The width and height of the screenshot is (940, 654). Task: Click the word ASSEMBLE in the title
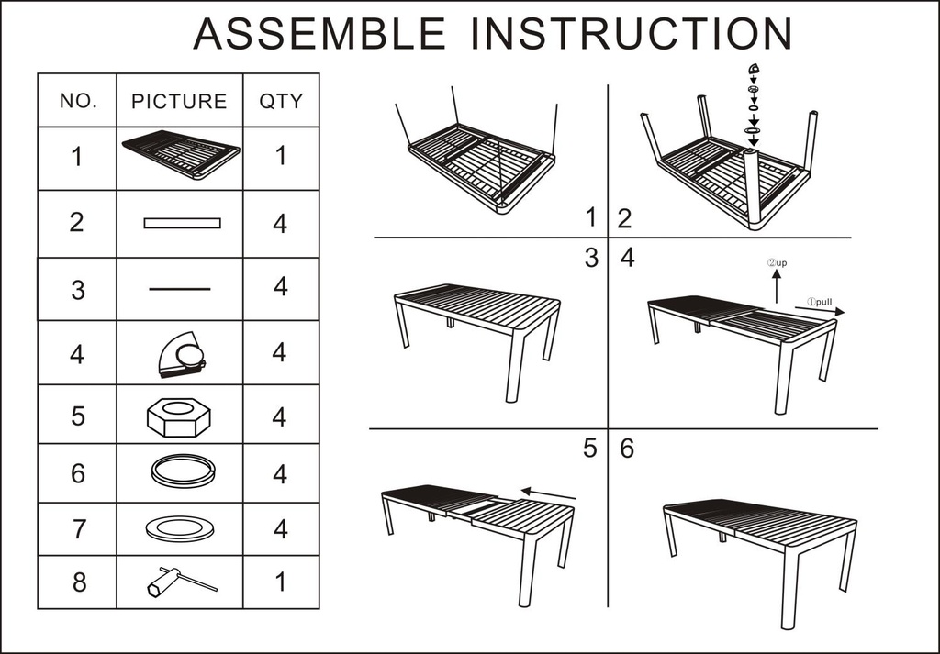[x=319, y=34]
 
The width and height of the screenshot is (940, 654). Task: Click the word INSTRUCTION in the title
[x=632, y=34]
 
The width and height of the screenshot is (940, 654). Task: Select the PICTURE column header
[x=179, y=101]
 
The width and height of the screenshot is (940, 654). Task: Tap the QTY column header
[x=280, y=101]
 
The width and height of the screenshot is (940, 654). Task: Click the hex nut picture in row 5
[x=179, y=416]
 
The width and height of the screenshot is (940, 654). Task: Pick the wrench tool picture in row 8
[x=180, y=581]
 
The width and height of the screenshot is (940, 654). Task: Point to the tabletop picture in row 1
[x=180, y=154]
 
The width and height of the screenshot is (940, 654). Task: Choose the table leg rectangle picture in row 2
[x=182, y=223]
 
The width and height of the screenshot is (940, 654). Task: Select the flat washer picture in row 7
[x=179, y=528]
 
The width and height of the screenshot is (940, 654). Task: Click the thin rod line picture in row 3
[x=179, y=289]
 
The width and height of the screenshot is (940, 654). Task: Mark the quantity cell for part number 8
[x=280, y=582]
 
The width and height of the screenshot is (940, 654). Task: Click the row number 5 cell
[x=78, y=416]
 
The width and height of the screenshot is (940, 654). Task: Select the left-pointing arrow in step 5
[x=547, y=495]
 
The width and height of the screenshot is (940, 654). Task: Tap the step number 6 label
[x=627, y=449]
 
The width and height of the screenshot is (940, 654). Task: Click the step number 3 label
[x=592, y=259]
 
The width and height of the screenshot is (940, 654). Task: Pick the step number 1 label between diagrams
[x=592, y=217]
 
